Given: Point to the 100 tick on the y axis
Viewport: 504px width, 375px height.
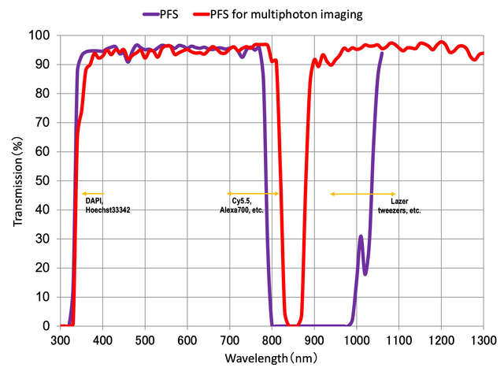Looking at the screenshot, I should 43,36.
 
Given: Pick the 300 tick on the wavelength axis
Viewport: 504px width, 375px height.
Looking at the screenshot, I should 61,340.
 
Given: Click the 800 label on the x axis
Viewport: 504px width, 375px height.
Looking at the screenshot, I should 272,340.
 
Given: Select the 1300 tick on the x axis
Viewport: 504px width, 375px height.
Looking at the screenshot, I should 483,340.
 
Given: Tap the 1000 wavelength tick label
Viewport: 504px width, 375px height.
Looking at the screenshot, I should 356,340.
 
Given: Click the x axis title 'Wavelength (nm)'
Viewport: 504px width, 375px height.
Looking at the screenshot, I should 272,358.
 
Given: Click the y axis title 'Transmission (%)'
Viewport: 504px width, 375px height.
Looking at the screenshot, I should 17,180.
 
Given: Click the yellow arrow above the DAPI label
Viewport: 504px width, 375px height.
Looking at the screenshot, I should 93,193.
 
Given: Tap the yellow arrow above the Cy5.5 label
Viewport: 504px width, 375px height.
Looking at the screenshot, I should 253,193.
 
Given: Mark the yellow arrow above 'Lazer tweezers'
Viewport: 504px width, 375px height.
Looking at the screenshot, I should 363,193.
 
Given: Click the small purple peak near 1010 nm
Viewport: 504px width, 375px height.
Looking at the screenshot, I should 361,236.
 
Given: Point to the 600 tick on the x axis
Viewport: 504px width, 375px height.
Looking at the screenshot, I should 187,340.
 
